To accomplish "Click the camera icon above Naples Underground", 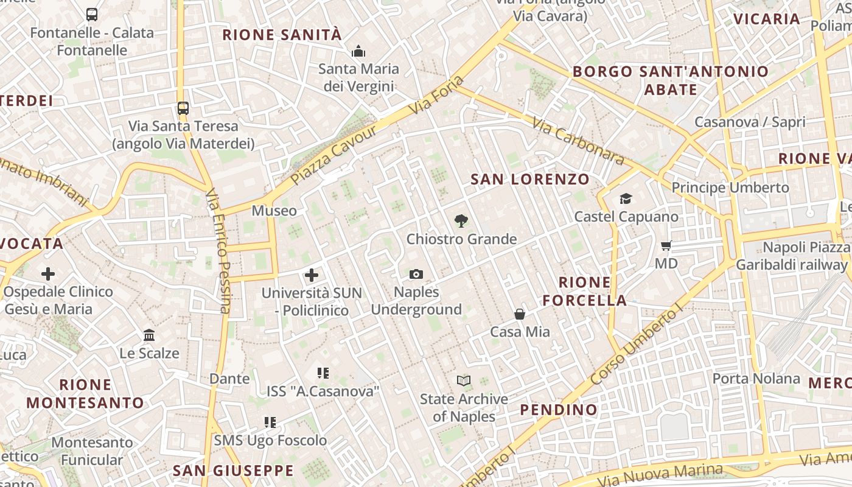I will (x=416, y=275).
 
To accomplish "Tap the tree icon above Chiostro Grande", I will (x=461, y=221).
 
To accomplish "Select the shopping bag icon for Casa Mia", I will (x=520, y=314).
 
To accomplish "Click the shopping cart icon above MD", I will (x=666, y=246).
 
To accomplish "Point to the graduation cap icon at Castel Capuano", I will (x=626, y=199).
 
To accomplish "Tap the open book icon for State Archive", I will (x=464, y=381).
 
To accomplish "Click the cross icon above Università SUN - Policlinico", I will (x=312, y=275).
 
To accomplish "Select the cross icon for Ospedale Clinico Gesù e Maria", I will (x=48, y=274).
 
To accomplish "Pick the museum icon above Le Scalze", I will (x=149, y=335).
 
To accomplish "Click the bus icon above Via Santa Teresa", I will (x=183, y=108).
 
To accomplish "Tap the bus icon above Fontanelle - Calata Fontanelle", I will (x=92, y=15).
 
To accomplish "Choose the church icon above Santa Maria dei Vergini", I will (x=358, y=51).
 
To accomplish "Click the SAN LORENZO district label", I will (x=530, y=179).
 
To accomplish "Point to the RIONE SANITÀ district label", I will (x=282, y=35).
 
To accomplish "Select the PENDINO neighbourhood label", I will (x=559, y=410).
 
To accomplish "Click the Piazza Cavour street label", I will (x=333, y=155).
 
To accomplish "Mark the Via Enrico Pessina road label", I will (x=218, y=250).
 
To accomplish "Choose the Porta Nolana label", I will (x=756, y=379).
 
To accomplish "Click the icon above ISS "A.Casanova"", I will (x=323, y=373).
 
